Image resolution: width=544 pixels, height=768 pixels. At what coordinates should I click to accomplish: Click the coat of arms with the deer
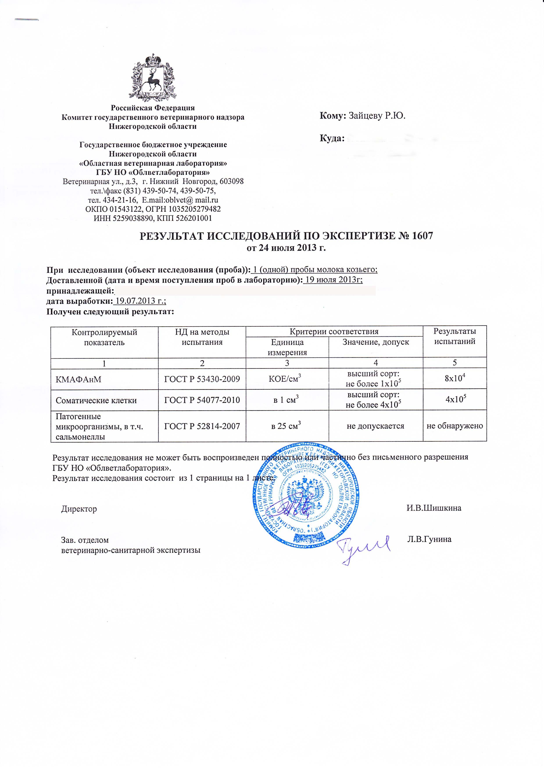153,77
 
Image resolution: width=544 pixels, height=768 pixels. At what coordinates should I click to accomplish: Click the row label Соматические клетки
96,400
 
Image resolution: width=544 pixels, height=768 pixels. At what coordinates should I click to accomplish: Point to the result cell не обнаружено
455,426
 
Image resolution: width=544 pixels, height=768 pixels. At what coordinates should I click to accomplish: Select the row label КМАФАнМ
78,379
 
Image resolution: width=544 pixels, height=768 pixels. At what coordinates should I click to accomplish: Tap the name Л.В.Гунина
429,539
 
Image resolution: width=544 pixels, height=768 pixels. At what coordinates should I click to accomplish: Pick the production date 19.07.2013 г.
140,301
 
